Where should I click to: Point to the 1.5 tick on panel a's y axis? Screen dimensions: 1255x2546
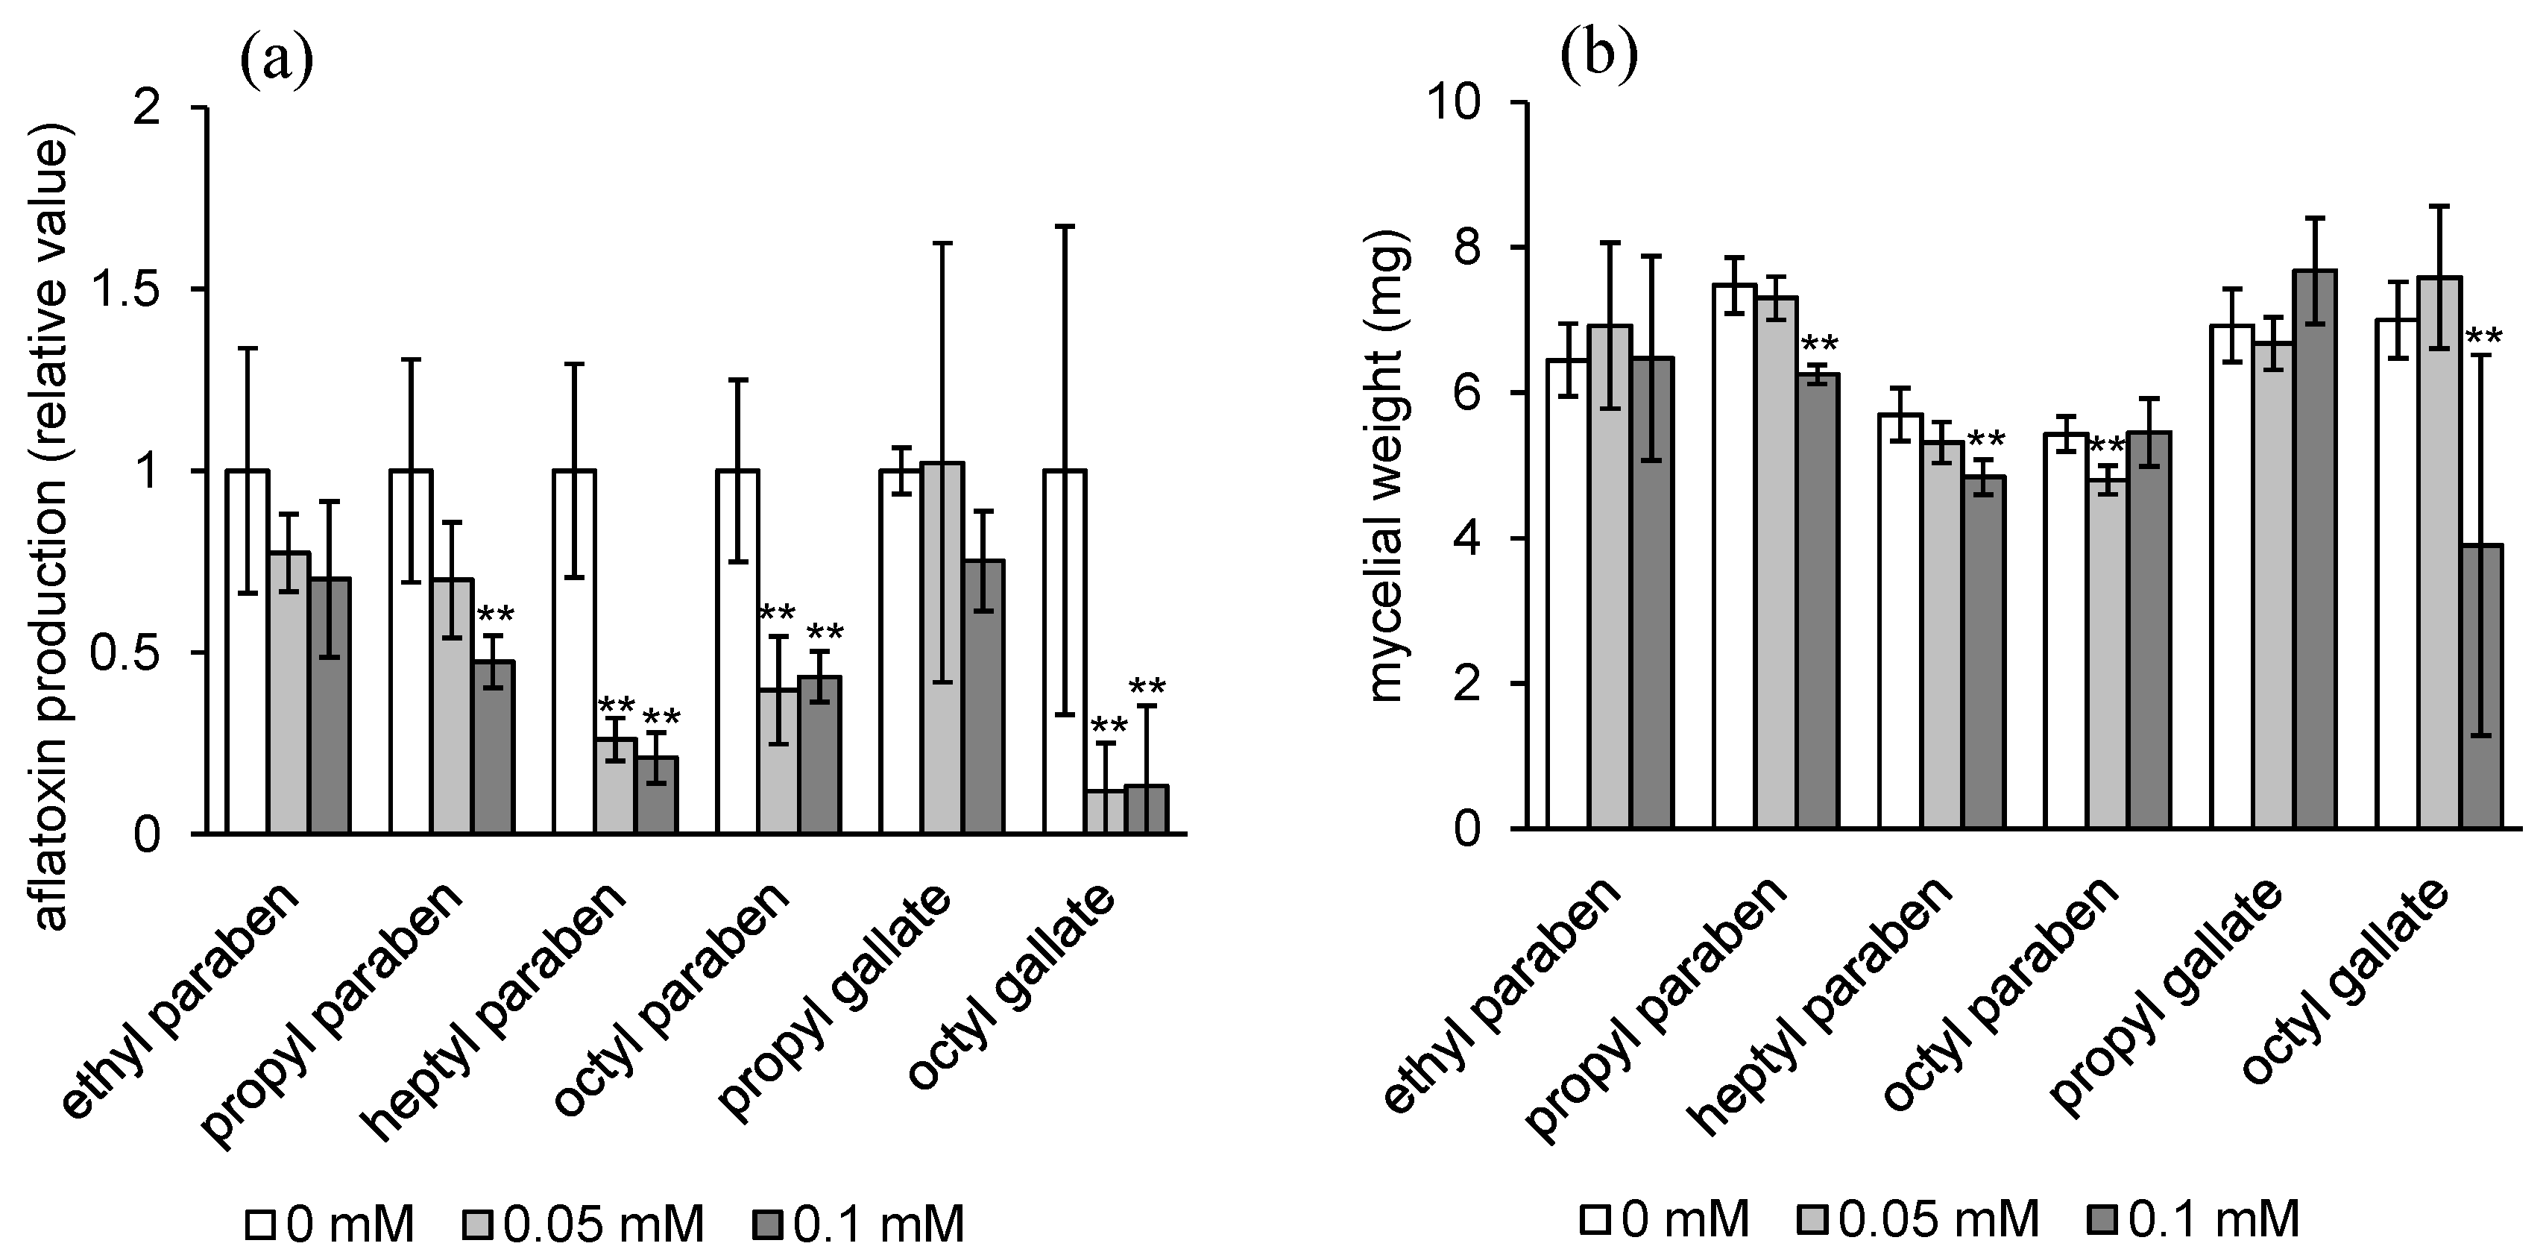pos(152,289)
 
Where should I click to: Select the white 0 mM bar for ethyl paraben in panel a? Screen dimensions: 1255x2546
pos(247,652)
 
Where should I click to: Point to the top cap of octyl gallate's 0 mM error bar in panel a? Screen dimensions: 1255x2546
pos(1065,226)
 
